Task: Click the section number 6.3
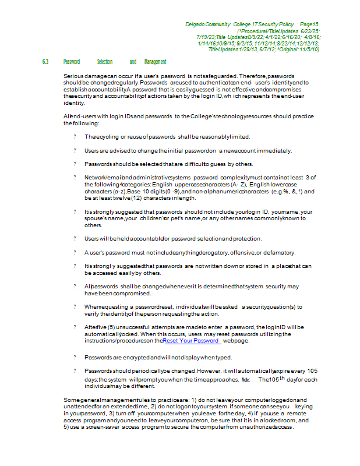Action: (x=45, y=62)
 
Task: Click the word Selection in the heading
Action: (x=105, y=62)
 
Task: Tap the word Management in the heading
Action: (x=156, y=62)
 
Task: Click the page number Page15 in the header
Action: (x=308, y=24)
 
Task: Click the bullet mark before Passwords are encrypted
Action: (x=75, y=357)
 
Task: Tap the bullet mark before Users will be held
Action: (x=75, y=239)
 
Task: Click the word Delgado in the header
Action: (x=196, y=24)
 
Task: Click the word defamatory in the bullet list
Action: (x=278, y=253)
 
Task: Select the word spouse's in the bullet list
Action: (x=97, y=218)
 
